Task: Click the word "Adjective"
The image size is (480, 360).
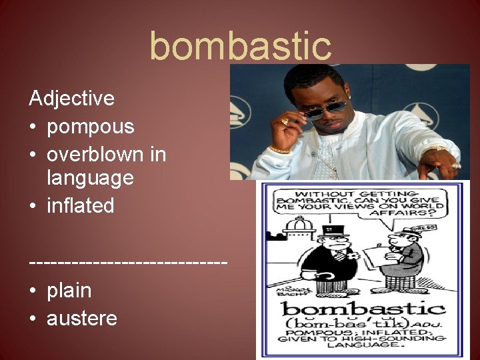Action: point(71,99)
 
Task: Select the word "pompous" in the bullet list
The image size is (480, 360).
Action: point(90,126)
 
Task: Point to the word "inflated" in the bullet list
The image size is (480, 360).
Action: point(80,205)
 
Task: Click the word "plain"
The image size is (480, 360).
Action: point(69,290)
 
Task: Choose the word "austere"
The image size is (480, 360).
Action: point(81,318)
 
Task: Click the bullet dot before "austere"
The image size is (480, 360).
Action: point(33,319)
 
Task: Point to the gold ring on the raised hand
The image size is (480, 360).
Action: point(285,122)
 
